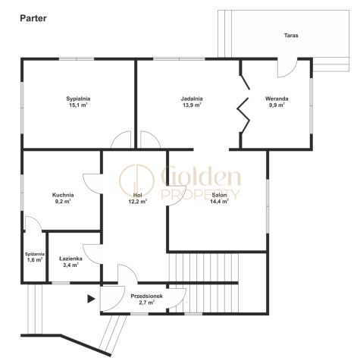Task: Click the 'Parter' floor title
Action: click(33, 18)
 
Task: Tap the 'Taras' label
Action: click(291, 36)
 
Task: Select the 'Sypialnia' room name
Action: click(78, 99)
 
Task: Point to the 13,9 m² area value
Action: click(192, 105)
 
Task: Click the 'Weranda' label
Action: click(277, 99)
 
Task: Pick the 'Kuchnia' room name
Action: click(63, 195)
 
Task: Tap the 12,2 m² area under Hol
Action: click(138, 202)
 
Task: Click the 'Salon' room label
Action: click(219, 195)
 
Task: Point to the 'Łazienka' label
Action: click(70, 259)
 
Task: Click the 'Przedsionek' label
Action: click(147, 296)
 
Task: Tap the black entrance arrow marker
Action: click(91, 299)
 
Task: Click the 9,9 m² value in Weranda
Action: click(277, 105)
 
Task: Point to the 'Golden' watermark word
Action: click(201, 176)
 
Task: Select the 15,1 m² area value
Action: click(78, 105)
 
